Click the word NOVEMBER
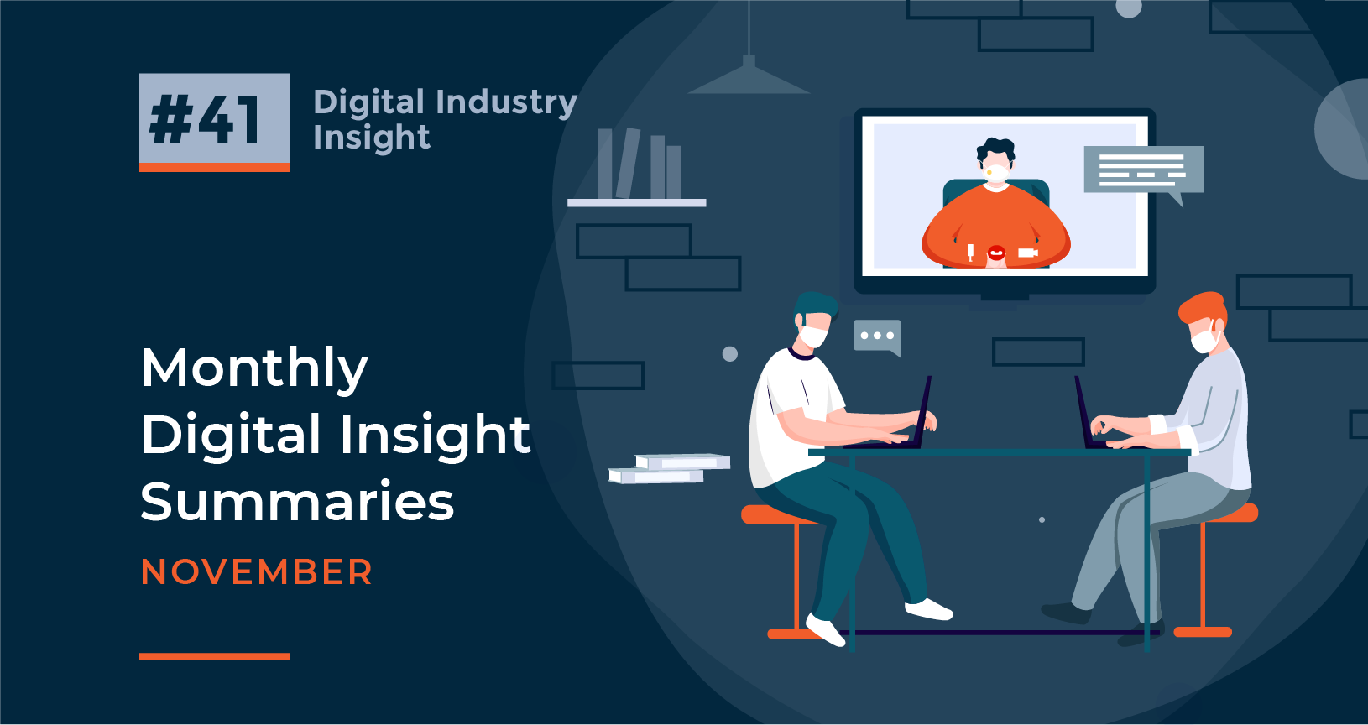tap(257, 572)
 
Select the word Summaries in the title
tap(297, 502)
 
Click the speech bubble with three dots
tap(877, 336)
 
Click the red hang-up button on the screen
tap(996, 252)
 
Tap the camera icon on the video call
tap(1027, 252)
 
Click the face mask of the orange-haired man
tap(1204, 340)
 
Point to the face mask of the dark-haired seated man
tap(812, 336)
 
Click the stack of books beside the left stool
tap(670, 468)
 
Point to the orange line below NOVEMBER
tap(214, 656)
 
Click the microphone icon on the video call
tap(970, 251)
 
